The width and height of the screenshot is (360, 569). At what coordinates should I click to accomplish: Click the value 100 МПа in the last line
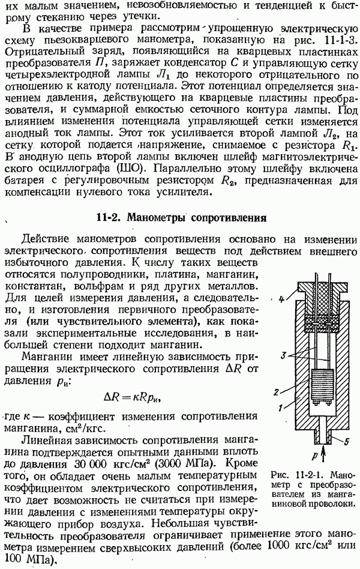point(26,561)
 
